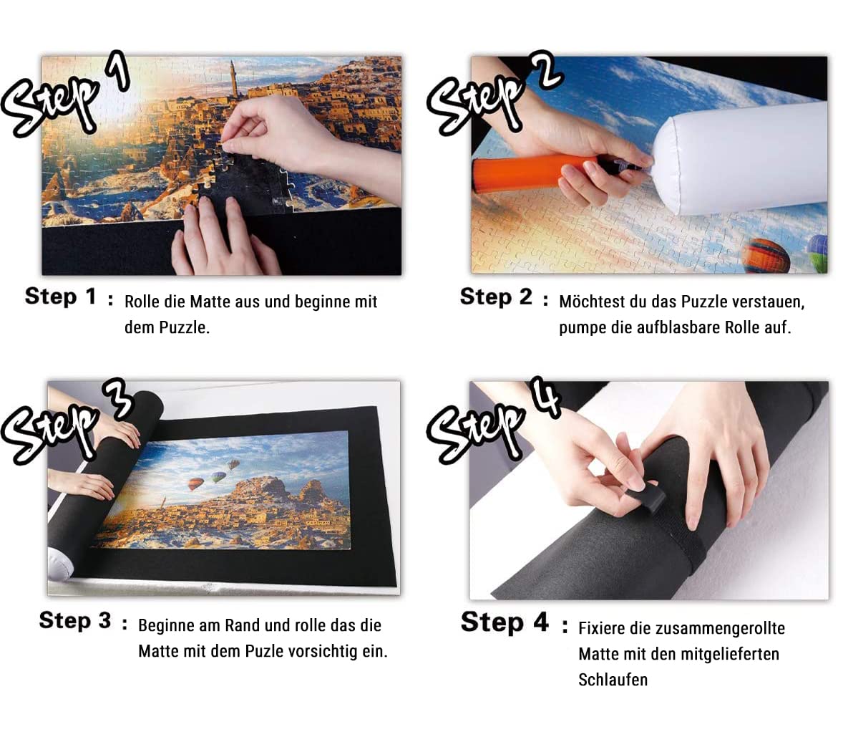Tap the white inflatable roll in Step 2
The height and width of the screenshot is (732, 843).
pos(742,160)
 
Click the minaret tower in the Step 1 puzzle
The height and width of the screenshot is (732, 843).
pos(233,79)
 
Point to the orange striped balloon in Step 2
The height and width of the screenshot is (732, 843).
pos(766,256)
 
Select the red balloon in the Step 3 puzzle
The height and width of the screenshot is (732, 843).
pos(195,484)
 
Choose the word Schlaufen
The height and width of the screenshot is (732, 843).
pos(613,680)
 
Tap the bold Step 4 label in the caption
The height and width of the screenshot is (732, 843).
pos(505,622)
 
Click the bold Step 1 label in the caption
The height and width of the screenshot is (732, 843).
pos(60,297)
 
